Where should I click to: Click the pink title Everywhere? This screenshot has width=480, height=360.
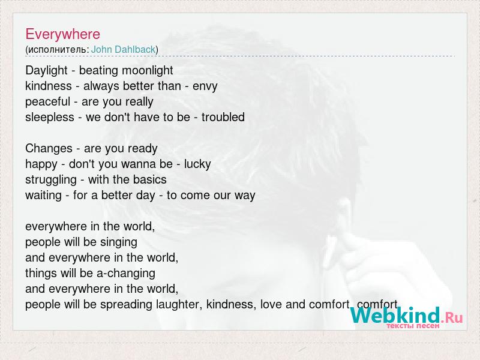[x=63, y=34]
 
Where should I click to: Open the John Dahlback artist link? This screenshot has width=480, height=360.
[x=124, y=49]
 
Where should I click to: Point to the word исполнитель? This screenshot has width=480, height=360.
[x=58, y=50]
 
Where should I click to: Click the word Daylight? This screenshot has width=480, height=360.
[x=46, y=71]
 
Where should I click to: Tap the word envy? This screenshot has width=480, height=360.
[x=205, y=86]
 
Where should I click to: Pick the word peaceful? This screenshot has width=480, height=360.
[x=48, y=101]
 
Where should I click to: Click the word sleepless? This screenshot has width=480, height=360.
[x=50, y=117]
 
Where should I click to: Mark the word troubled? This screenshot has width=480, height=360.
[x=223, y=117]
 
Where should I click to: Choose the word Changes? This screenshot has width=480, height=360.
[x=49, y=148]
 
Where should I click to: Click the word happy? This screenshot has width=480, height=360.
[x=41, y=164]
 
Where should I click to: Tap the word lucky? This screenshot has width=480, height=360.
[x=197, y=164]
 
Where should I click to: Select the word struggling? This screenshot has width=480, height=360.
[x=51, y=180]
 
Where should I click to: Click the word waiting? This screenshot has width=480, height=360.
[x=43, y=196]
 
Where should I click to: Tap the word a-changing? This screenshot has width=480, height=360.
[x=126, y=274]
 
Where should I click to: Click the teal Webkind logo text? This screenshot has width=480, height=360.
[x=395, y=316]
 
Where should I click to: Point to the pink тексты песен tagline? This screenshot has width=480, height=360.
[x=413, y=326]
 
